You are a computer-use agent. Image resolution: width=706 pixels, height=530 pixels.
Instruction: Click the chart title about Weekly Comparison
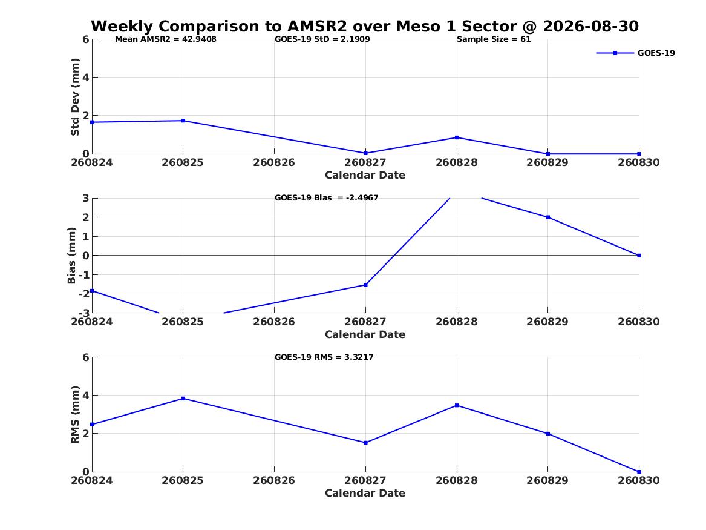(x=365, y=26)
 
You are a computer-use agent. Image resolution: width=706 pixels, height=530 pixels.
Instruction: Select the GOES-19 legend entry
(x=635, y=53)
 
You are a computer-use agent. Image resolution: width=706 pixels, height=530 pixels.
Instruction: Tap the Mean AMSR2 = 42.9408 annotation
(x=166, y=39)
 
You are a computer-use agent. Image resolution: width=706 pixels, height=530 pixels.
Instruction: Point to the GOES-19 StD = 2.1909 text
(x=322, y=39)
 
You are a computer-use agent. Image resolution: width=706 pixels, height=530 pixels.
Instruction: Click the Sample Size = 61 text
(x=494, y=39)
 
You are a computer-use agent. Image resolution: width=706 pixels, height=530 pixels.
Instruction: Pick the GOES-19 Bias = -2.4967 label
(x=327, y=198)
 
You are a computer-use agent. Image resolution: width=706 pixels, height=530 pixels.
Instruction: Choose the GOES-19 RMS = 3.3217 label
(x=324, y=357)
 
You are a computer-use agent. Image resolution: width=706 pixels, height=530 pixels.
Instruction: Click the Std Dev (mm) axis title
(x=75, y=97)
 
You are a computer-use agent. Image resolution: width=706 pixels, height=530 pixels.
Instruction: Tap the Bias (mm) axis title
(x=71, y=256)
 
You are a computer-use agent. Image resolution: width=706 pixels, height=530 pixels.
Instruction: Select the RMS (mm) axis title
(x=75, y=415)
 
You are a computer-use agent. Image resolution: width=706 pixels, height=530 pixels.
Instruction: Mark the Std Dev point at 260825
(x=183, y=121)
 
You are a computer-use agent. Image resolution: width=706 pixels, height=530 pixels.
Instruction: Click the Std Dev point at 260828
(x=457, y=137)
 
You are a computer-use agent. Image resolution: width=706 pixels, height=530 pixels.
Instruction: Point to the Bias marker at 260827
(x=365, y=285)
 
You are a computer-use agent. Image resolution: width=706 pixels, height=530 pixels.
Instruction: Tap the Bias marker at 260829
(x=548, y=217)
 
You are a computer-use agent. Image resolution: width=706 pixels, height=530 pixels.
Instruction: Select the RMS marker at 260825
(x=183, y=399)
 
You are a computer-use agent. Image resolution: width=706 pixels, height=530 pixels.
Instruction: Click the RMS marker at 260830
(x=639, y=472)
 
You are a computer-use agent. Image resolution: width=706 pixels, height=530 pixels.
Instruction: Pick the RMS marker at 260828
(x=457, y=406)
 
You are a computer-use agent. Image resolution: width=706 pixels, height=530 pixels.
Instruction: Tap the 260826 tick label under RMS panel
(x=274, y=481)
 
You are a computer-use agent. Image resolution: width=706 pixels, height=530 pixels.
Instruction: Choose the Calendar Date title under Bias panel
(x=365, y=334)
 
